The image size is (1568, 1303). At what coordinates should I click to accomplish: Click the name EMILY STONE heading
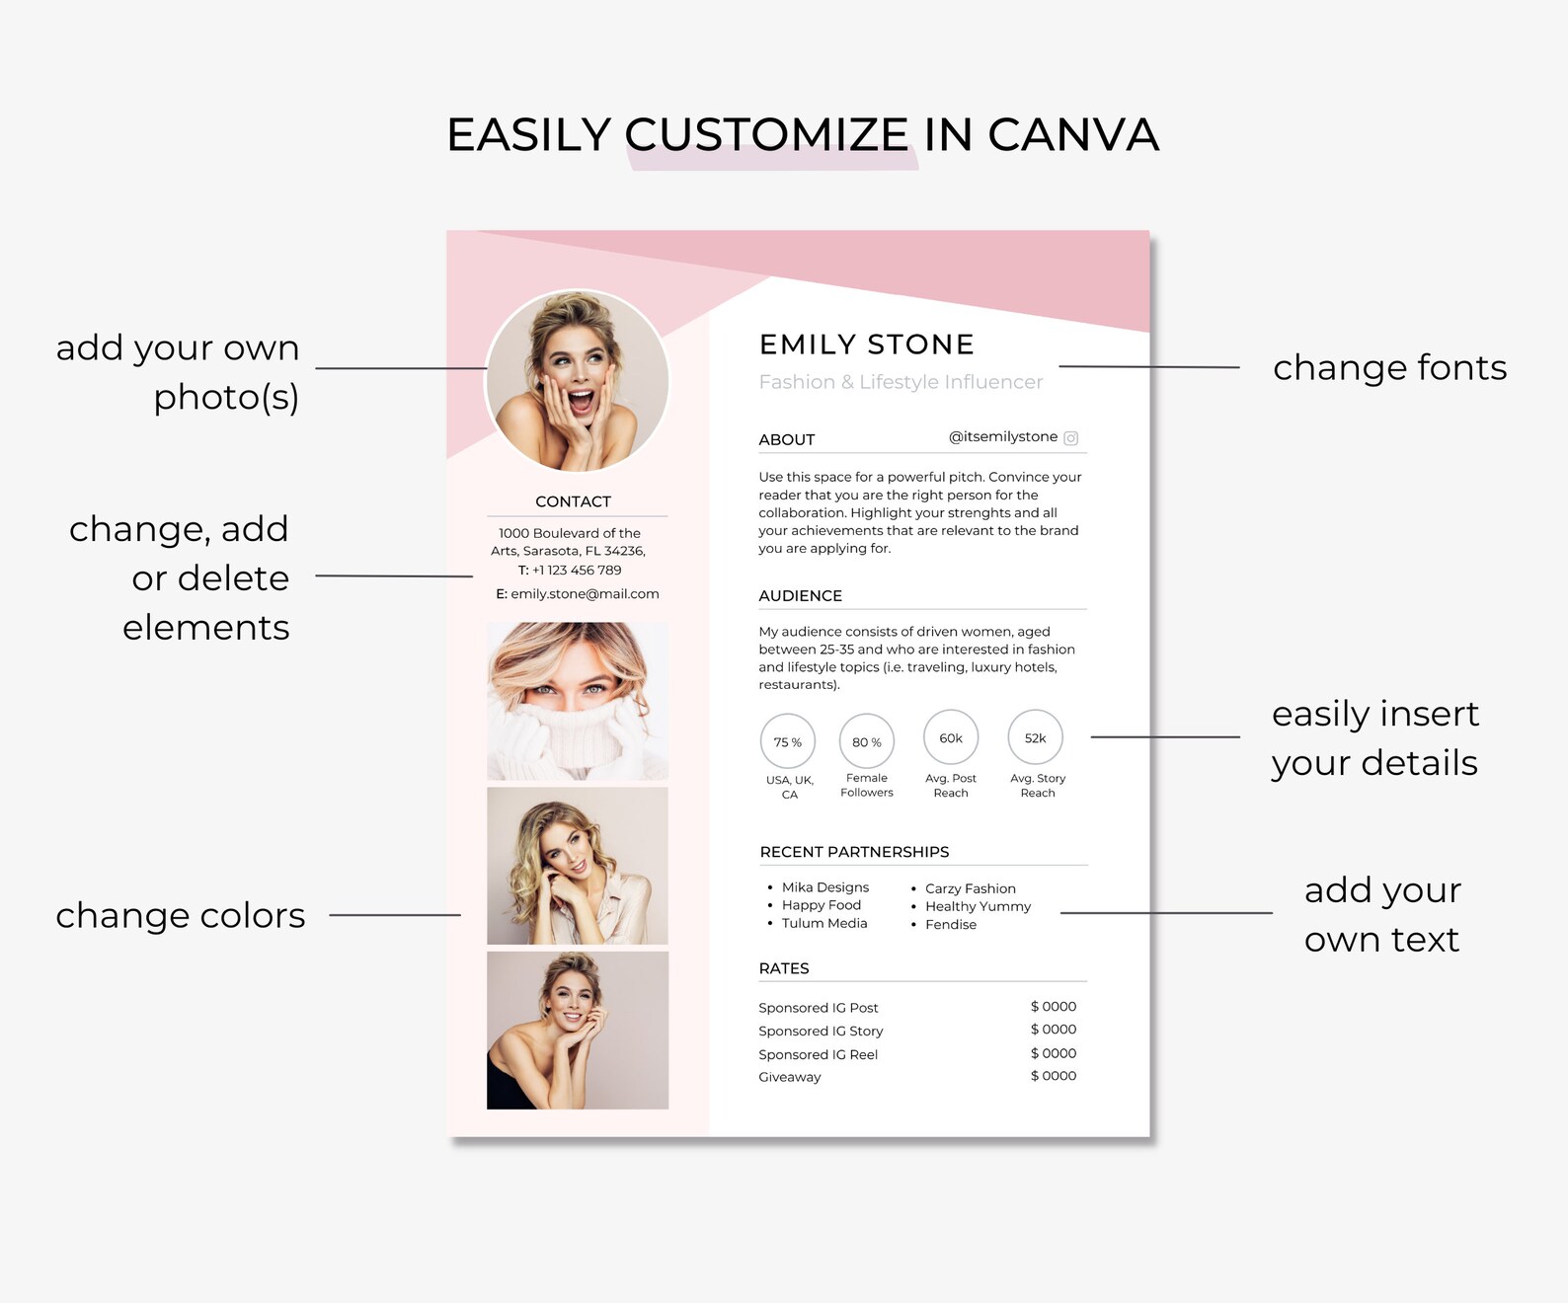(x=866, y=345)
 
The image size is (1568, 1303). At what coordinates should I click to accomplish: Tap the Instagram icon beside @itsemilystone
(x=1071, y=438)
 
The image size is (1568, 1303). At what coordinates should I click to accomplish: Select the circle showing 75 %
(x=788, y=741)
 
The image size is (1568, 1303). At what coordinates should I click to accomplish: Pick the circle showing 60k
(x=951, y=737)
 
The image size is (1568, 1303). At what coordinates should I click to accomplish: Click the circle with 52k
(x=1035, y=737)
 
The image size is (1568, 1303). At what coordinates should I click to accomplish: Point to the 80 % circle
(x=867, y=741)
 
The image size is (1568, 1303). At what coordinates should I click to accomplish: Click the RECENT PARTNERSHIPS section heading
(x=854, y=852)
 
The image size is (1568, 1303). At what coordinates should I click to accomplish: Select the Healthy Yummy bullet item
(x=978, y=906)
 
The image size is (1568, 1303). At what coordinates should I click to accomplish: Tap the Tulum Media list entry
(x=824, y=923)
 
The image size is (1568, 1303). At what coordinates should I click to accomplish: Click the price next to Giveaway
(x=1054, y=1076)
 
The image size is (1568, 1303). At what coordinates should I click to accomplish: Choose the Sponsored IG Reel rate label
(x=818, y=1054)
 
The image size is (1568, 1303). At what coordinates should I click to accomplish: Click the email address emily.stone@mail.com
(x=585, y=594)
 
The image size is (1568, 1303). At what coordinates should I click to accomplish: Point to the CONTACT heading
(x=573, y=501)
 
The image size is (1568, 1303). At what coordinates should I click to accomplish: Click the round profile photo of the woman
(x=577, y=381)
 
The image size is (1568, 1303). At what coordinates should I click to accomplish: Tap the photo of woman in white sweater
(x=578, y=701)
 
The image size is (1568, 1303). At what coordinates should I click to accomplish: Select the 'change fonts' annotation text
(x=1389, y=367)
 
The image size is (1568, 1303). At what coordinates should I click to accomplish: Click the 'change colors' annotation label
(x=181, y=915)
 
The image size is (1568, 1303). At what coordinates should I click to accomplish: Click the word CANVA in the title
(x=1072, y=135)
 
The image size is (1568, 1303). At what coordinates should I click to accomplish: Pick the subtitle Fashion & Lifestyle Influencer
(x=901, y=382)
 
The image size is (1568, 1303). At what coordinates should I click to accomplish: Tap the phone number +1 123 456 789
(x=577, y=570)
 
